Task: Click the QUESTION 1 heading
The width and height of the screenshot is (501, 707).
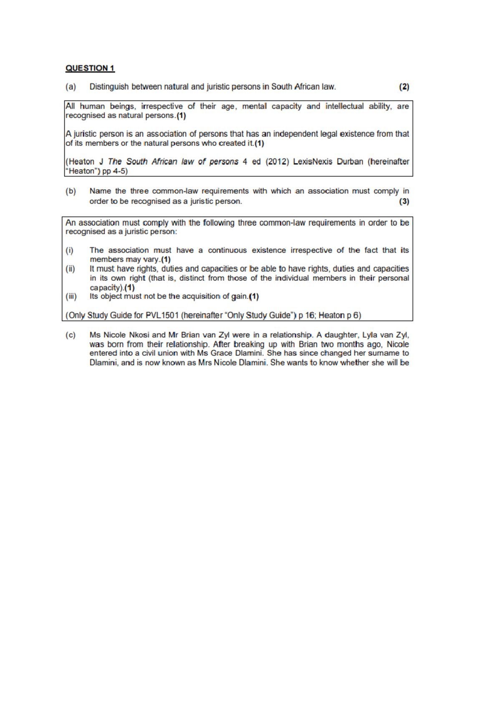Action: click(90, 68)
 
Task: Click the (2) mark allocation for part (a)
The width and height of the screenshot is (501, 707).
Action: click(404, 87)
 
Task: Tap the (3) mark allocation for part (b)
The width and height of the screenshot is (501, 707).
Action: click(404, 202)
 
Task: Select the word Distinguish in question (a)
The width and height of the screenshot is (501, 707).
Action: click(109, 87)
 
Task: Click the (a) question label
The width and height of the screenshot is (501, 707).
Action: click(71, 87)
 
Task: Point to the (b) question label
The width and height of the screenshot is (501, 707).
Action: click(71, 191)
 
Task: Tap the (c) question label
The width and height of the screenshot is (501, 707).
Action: click(71, 335)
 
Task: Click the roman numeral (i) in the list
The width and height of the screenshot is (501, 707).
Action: click(69, 251)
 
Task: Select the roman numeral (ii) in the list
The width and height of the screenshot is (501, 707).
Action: click(70, 269)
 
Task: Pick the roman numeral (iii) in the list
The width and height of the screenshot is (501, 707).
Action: click(71, 296)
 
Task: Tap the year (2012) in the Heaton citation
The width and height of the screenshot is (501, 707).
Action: click(277, 162)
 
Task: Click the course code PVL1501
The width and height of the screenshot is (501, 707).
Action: click(162, 316)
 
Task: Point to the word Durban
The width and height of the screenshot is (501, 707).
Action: click(350, 162)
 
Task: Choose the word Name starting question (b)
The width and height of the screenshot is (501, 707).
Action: click(100, 191)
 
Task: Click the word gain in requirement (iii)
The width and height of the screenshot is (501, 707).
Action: click(239, 296)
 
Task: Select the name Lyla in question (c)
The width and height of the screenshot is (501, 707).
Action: click(369, 335)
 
